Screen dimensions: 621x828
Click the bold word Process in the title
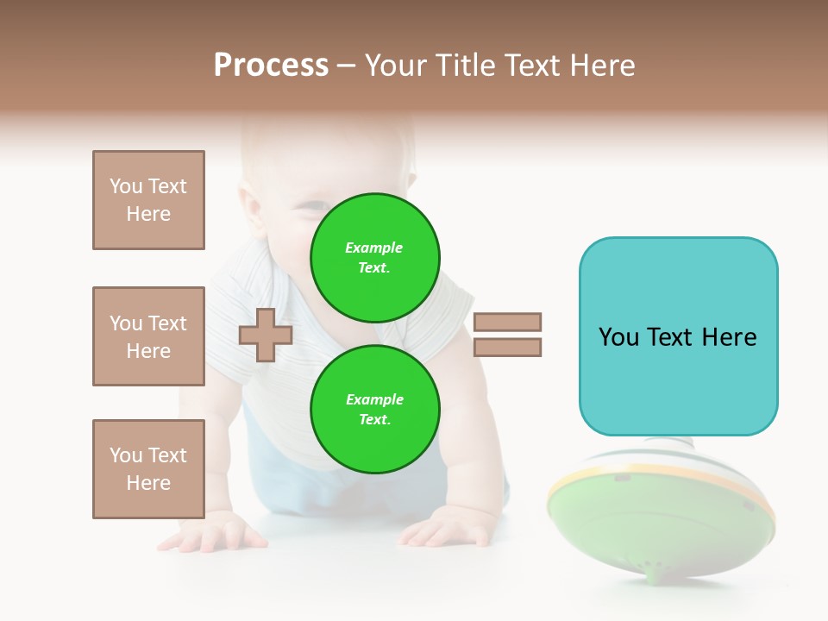pyautogui.click(x=271, y=66)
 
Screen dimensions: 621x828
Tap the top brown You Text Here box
pyautogui.click(x=148, y=200)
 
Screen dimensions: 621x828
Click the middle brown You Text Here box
pyautogui.click(x=148, y=336)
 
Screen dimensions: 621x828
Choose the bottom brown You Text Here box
pyautogui.click(x=148, y=469)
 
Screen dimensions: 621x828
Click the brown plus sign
pyautogui.click(x=266, y=335)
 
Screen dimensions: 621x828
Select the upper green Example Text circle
pyautogui.click(x=374, y=258)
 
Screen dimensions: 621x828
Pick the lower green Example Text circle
pyautogui.click(x=374, y=409)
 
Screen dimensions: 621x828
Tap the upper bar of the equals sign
pyautogui.click(x=507, y=322)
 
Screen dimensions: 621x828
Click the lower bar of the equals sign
pyautogui.click(x=507, y=347)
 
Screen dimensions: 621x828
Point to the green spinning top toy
pyautogui.click(x=660, y=513)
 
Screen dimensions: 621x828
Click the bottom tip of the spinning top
pyautogui.click(x=659, y=574)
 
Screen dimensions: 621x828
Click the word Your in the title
pyautogui.click(x=395, y=66)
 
